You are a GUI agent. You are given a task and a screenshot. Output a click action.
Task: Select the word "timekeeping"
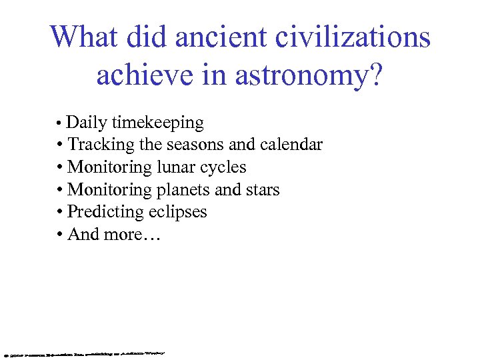click(158, 123)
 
